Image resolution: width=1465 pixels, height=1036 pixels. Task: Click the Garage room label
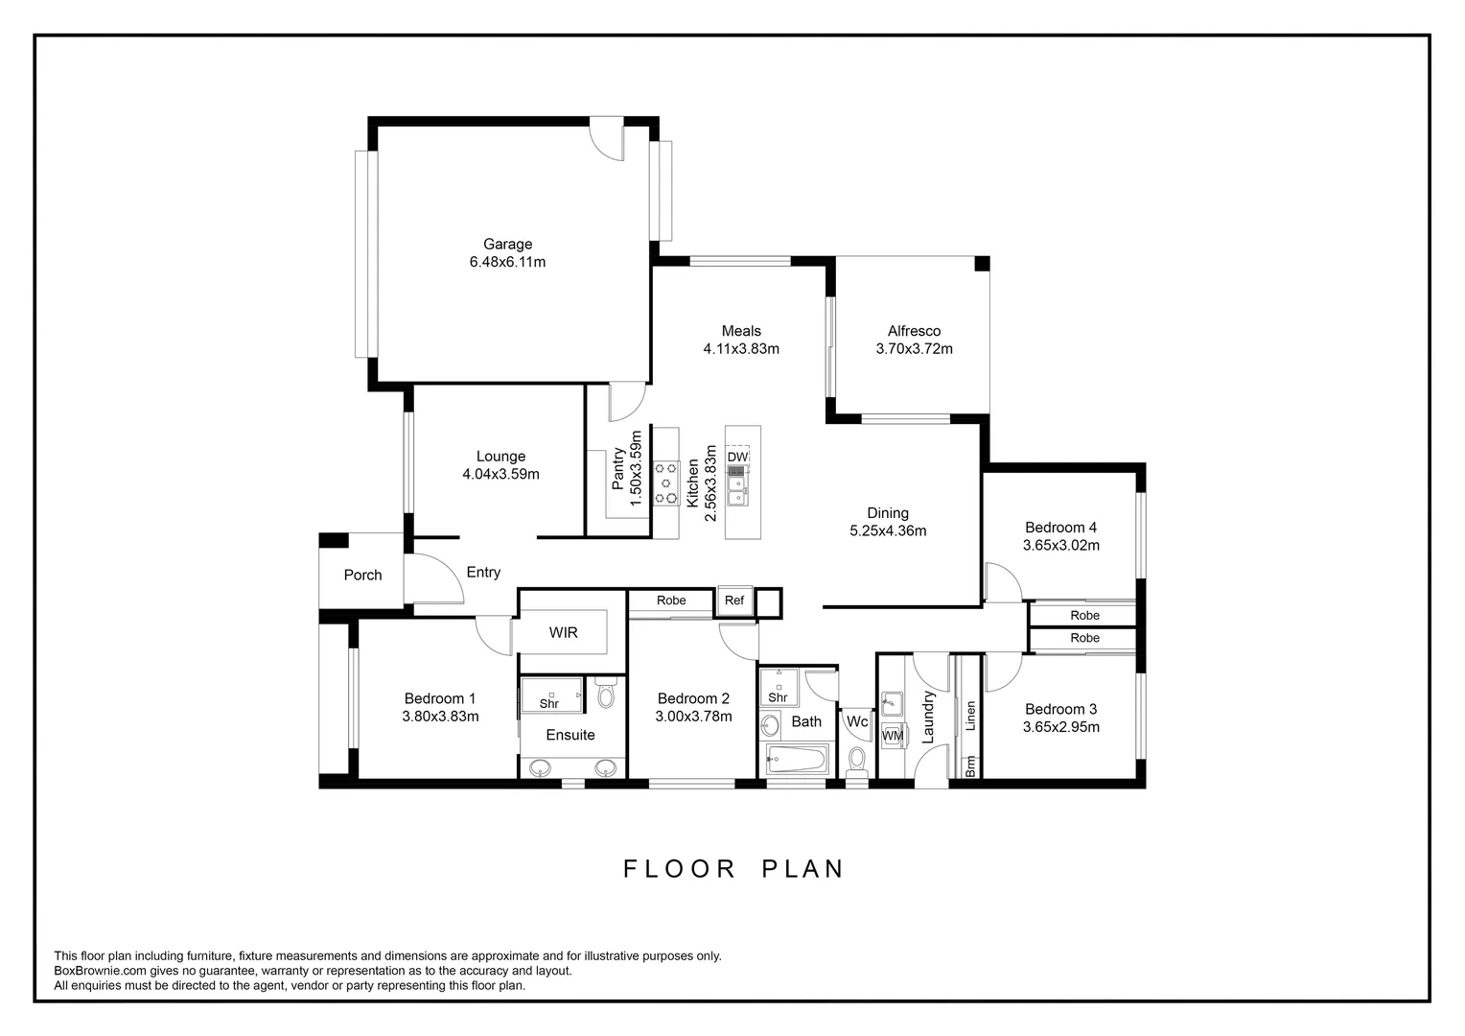(507, 244)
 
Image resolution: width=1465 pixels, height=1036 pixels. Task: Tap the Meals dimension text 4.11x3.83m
(741, 349)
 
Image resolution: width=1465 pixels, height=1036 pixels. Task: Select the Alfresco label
(915, 331)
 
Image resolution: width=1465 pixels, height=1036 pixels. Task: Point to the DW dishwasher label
(737, 457)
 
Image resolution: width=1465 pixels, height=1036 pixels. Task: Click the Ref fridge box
(734, 600)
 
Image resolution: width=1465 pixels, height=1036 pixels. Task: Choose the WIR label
(563, 633)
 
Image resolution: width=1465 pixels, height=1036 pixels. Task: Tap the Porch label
(363, 575)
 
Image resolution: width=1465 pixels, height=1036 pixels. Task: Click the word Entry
(483, 573)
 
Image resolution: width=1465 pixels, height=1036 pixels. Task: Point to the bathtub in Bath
(796, 759)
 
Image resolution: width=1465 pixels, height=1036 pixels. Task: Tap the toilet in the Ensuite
(606, 694)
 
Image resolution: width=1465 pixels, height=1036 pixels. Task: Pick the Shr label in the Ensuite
(548, 703)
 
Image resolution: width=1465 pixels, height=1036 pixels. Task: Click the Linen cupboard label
(970, 716)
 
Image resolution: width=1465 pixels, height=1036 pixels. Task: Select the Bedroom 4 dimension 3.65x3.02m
(1060, 545)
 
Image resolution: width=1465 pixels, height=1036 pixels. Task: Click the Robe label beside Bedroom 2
(671, 600)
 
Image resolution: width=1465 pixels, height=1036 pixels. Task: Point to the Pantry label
(617, 468)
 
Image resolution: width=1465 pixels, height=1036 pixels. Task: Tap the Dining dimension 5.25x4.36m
(888, 530)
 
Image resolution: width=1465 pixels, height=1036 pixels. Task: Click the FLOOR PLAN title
(733, 868)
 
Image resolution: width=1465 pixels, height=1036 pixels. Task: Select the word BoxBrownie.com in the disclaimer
(100, 971)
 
